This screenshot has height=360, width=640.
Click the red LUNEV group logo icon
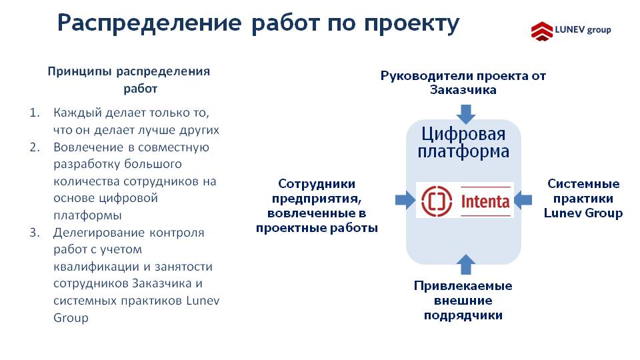[x=542, y=31]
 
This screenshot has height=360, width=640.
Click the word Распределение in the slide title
[x=149, y=23]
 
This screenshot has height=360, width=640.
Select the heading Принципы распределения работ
[x=129, y=80]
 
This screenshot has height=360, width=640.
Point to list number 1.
[x=35, y=113]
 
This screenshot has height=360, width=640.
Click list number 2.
[x=35, y=147]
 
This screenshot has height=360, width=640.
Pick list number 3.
[x=35, y=233]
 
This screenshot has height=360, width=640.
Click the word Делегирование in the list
[x=99, y=233]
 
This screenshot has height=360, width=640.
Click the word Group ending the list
[x=71, y=318]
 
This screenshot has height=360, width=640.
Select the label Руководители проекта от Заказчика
[x=463, y=83]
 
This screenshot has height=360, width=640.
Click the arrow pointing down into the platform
[x=466, y=114]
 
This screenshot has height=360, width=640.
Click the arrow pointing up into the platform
[x=466, y=265]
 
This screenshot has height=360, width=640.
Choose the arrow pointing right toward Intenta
[x=405, y=200]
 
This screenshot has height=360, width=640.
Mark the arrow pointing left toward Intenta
[x=523, y=200]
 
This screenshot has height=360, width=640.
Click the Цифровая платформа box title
[x=463, y=143]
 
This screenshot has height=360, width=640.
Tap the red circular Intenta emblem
[x=437, y=201]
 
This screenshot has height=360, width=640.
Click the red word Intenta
[x=485, y=201]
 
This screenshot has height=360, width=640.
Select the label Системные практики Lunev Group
[x=583, y=199]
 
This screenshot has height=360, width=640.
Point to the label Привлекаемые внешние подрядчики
[x=463, y=301]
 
